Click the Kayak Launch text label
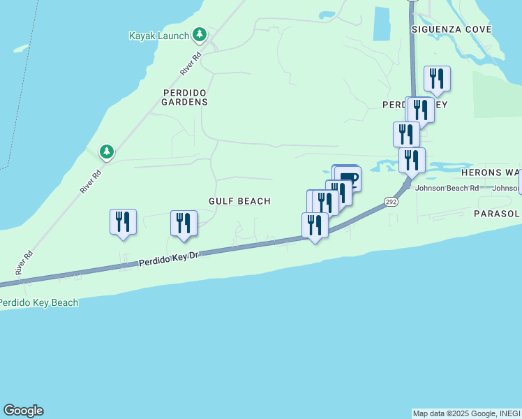(x=159, y=36)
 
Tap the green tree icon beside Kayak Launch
(x=200, y=34)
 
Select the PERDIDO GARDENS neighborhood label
(x=185, y=96)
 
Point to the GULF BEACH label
(x=239, y=201)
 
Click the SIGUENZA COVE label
(x=452, y=29)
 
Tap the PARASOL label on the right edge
(x=498, y=213)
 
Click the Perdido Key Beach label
(x=38, y=302)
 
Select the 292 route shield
(x=391, y=202)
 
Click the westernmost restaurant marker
(x=124, y=222)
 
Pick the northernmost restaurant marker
(x=437, y=78)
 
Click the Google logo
(x=23, y=411)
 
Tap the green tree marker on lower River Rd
(x=106, y=151)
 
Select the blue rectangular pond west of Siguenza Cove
(x=381, y=23)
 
